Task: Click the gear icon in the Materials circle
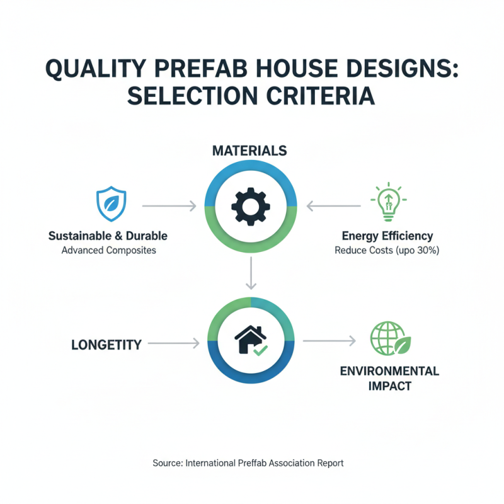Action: pyautogui.click(x=251, y=206)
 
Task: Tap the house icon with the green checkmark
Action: pyautogui.click(x=251, y=341)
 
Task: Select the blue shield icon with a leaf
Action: pyautogui.click(x=110, y=205)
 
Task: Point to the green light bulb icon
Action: pyautogui.click(x=387, y=202)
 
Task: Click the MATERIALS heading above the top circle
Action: pyautogui.click(x=249, y=151)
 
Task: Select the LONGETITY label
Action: pyautogui.click(x=106, y=345)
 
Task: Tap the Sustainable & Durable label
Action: pyautogui.click(x=108, y=236)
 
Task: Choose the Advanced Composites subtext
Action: pyautogui.click(x=108, y=251)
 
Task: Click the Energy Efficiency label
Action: pyautogui.click(x=387, y=236)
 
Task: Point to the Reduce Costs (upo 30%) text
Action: pyautogui.click(x=387, y=251)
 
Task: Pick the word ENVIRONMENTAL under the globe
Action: pyautogui.click(x=389, y=370)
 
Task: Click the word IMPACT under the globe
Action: pyautogui.click(x=389, y=385)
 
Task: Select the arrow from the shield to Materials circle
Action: pyautogui.click(x=169, y=206)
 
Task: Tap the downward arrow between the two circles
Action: pyautogui.click(x=251, y=273)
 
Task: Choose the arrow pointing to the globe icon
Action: pyautogui.click(x=329, y=341)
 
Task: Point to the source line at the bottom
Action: pyautogui.click(x=248, y=463)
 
